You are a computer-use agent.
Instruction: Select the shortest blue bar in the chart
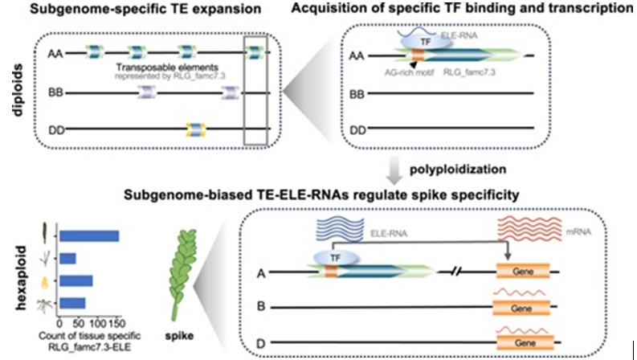67,258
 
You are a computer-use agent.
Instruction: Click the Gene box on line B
521,307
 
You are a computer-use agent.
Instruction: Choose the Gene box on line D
521,342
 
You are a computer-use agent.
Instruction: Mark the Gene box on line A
521,273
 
